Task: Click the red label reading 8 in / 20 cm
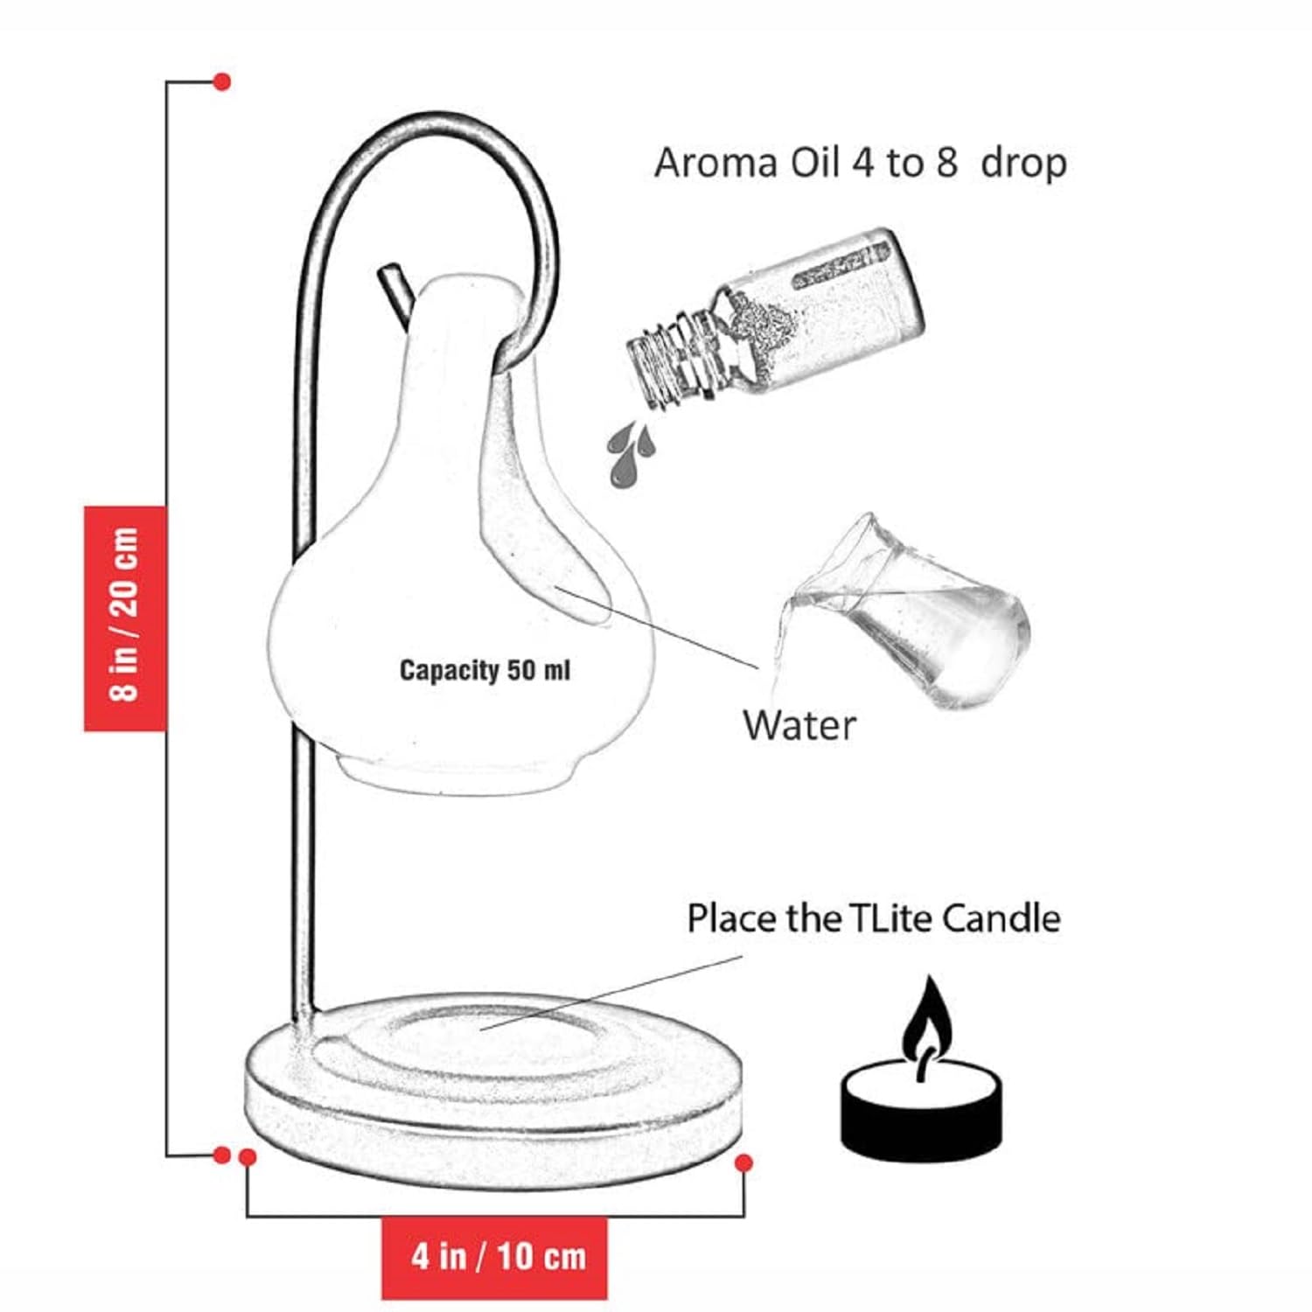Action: coord(125,618)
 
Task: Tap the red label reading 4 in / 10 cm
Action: coord(494,1258)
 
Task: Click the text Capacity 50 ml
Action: coord(485,670)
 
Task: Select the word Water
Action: coord(799,725)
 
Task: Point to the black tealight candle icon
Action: coord(922,1069)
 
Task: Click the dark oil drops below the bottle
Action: coord(631,453)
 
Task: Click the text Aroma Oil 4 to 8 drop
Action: coord(861,164)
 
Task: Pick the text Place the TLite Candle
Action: coord(873,918)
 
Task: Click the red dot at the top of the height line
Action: coord(222,81)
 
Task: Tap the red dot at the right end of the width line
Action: coord(744,1163)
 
